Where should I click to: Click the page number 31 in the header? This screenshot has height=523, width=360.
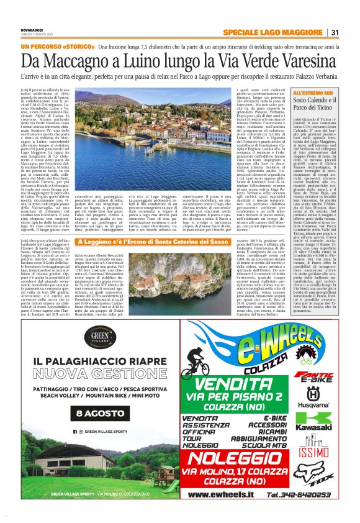click(335, 32)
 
